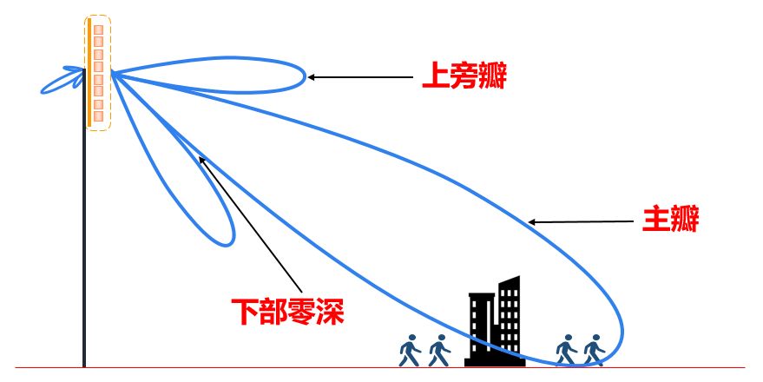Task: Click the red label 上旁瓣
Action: [x=463, y=78]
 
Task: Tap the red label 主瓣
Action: [x=669, y=219]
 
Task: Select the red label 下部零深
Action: [x=287, y=310]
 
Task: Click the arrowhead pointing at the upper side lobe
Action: [x=312, y=77]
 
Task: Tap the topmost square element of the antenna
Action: [x=98, y=30]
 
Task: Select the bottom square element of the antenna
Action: [x=98, y=116]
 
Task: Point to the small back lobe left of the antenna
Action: [x=61, y=81]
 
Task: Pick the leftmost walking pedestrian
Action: [x=409, y=350]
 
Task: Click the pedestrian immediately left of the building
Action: [x=439, y=350]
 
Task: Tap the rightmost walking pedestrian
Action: [x=594, y=350]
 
